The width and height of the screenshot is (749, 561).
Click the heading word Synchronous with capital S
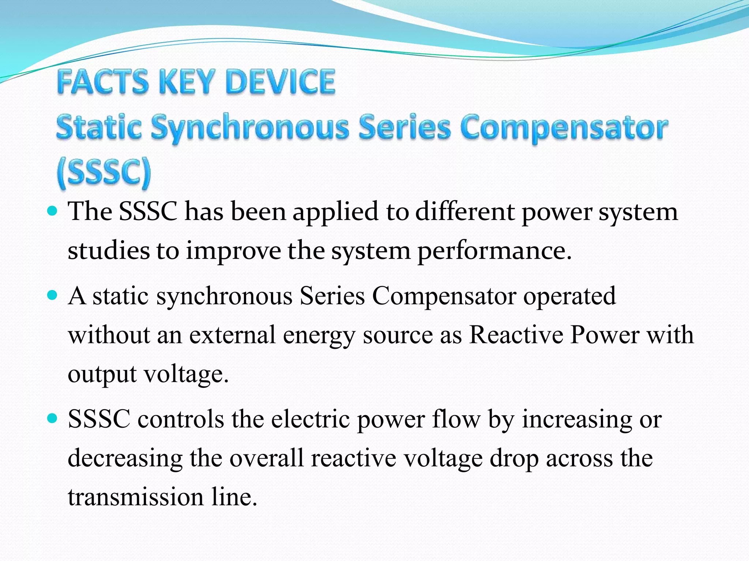point(250,128)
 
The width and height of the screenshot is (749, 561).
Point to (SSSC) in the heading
point(104,172)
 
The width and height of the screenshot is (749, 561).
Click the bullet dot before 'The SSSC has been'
point(53,211)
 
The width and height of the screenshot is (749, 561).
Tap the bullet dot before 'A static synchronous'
point(53,295)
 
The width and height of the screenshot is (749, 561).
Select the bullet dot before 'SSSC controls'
point(53,418)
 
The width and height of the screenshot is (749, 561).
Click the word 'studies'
point(109,251)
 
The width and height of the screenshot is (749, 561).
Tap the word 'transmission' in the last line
point(136,497)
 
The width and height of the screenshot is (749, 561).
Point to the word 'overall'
point(267,458)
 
